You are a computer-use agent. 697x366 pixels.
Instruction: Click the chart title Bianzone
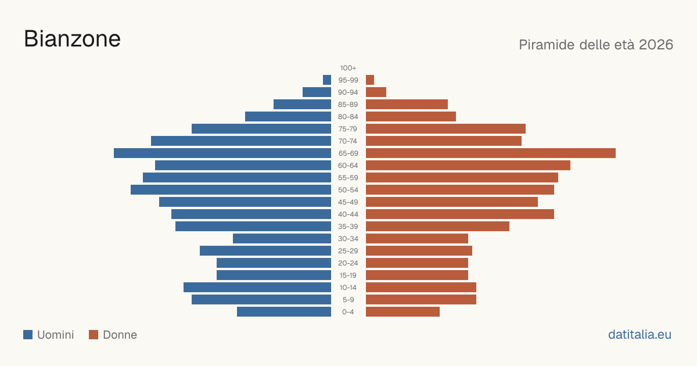coord(72,39)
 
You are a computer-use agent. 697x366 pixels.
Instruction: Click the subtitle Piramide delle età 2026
coord(596,45)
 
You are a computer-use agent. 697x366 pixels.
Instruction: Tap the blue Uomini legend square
coord(28,335)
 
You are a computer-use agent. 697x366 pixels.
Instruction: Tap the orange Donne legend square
coord(94,335)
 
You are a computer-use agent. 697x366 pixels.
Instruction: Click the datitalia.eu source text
coord(639,335)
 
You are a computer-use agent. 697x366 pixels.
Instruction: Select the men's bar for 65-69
coord(222,153)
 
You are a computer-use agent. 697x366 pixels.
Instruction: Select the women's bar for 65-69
coord(491,153)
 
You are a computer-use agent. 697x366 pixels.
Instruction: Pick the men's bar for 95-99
coord(327,80)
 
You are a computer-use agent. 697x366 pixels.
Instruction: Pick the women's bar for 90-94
coord(376,92)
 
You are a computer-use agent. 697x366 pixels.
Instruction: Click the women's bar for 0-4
coord(403,312)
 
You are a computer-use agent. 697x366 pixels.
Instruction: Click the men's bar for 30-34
coord(282,239)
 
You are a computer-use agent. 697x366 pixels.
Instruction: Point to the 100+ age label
coord(348,68)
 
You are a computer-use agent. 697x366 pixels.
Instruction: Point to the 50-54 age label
coord(348,190)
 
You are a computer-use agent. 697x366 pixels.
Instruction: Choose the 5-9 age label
coord(348,300)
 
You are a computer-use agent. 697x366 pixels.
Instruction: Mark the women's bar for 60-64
coord(468,165)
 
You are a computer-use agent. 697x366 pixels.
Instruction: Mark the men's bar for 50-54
coord(231,190)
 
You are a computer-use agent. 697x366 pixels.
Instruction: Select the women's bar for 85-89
coord(407,104)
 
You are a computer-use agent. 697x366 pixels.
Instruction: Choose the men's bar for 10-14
coord(257,287)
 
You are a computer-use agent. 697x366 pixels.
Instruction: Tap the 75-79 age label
coord(348,129)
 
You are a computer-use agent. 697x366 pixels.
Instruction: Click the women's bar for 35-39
coord(437,226)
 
